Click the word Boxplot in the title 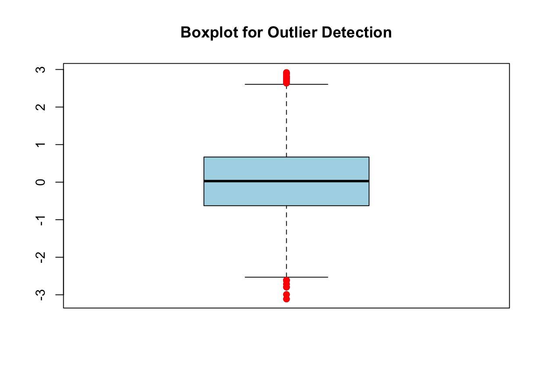209,33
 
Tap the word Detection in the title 356,32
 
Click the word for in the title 252,32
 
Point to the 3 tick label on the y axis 40,70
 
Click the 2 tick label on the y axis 40,107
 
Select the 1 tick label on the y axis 40,145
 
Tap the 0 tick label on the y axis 40,182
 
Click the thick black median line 286,181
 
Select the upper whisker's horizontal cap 286,84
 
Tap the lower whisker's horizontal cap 286,277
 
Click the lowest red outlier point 286,299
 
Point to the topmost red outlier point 286,73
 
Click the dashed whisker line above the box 286,121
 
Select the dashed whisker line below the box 286,241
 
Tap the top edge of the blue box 286,157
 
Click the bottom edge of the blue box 286,206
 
